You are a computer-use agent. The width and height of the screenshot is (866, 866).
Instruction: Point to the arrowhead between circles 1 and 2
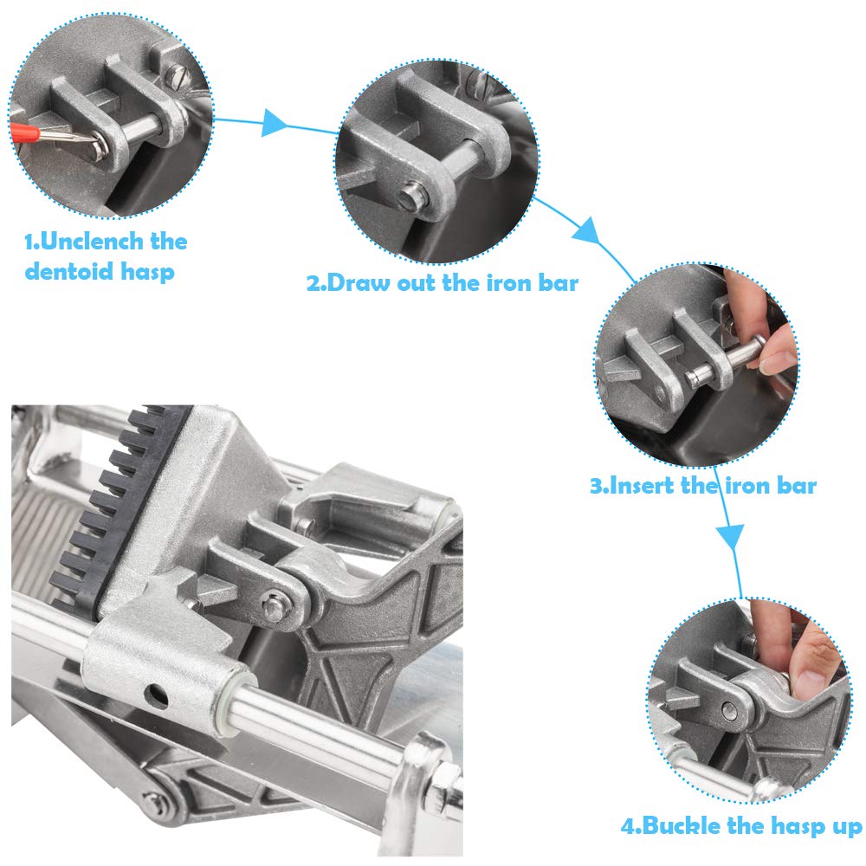274,122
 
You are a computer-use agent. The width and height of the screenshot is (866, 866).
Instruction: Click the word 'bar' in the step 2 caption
555,283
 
